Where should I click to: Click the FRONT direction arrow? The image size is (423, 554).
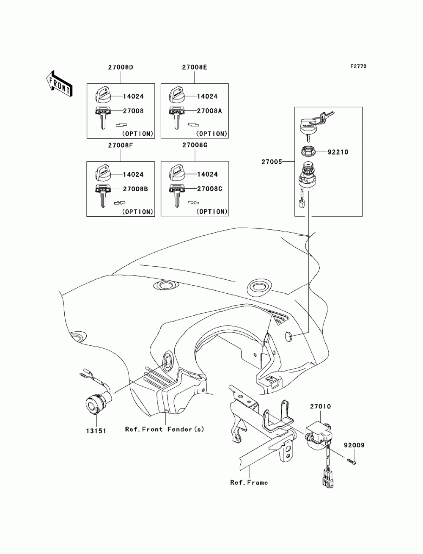click(x=59, y=83)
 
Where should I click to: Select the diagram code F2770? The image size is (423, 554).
click(x=358, y=66)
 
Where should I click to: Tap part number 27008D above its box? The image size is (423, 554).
click(x=121, y=67)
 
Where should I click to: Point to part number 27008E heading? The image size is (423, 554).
click(x=195, y=67)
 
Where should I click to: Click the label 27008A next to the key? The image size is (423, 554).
click(x=209, y=111)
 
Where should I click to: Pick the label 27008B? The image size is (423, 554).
click(x=135, y=189)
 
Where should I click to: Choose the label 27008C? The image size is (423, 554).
click(x=210, y=189)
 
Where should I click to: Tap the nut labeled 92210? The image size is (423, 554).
click(x=308, y=152)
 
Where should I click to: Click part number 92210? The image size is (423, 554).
click(x=338, y=152)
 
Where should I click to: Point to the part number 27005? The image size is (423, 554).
click(x=272, y=162)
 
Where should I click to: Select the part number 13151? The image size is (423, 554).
click(x=96, y=431)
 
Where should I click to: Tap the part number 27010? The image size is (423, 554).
click(x=320, y=406)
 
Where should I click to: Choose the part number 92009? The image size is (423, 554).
click(x=354, y=445)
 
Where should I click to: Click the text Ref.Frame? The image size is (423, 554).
click(x=249, y=482)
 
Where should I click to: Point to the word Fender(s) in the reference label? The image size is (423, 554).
click(x=186, y=429)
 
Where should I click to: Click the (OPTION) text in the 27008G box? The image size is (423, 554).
click(x=212, y=212)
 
